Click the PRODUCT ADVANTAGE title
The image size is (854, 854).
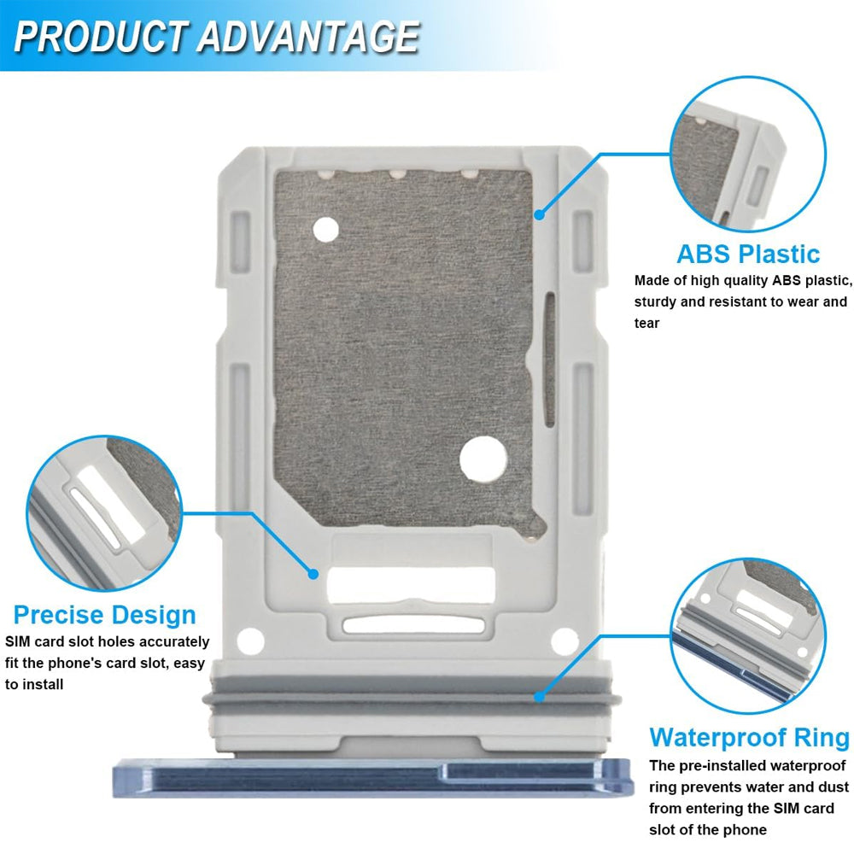click(x=215, y=37)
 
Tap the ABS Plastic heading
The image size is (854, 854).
click(x=747, y=254)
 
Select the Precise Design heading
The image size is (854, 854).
click(x=104, y=614)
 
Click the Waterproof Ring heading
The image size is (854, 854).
click(x=749, y=737)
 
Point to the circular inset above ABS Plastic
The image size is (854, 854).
click(x=747, y=154)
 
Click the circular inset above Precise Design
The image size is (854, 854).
click(x=104, y=513)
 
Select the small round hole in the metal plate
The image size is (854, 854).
click(x=325, y=229)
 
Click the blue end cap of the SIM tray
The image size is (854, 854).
click(x=371, y=777)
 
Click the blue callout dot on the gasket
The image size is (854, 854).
click(x=539, y=697)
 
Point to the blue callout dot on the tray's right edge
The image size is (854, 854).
click(x=539, y=214)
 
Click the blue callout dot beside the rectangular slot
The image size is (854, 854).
click(x=313, y=574)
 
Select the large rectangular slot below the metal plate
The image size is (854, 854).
click(x=411, y=584)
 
